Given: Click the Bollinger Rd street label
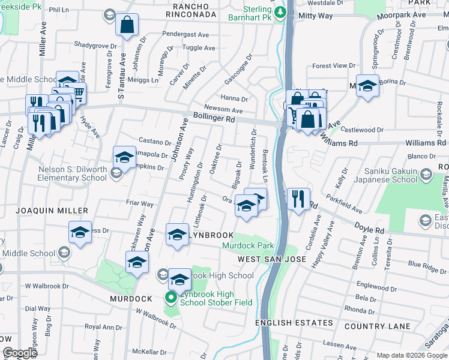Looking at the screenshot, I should click(x=214, y=118).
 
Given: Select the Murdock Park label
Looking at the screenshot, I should click(x=248, y=245).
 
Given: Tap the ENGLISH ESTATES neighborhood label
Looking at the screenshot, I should click(x=294, y=323).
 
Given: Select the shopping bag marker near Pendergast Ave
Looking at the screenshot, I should click(x=127, y=26).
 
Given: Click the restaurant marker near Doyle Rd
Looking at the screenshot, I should click(x=298, y=198).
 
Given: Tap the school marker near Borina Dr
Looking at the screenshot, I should click(x=367, y=86).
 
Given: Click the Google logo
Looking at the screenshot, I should click(x=19, y=353).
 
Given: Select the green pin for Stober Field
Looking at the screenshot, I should click(x=170, y=297).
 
